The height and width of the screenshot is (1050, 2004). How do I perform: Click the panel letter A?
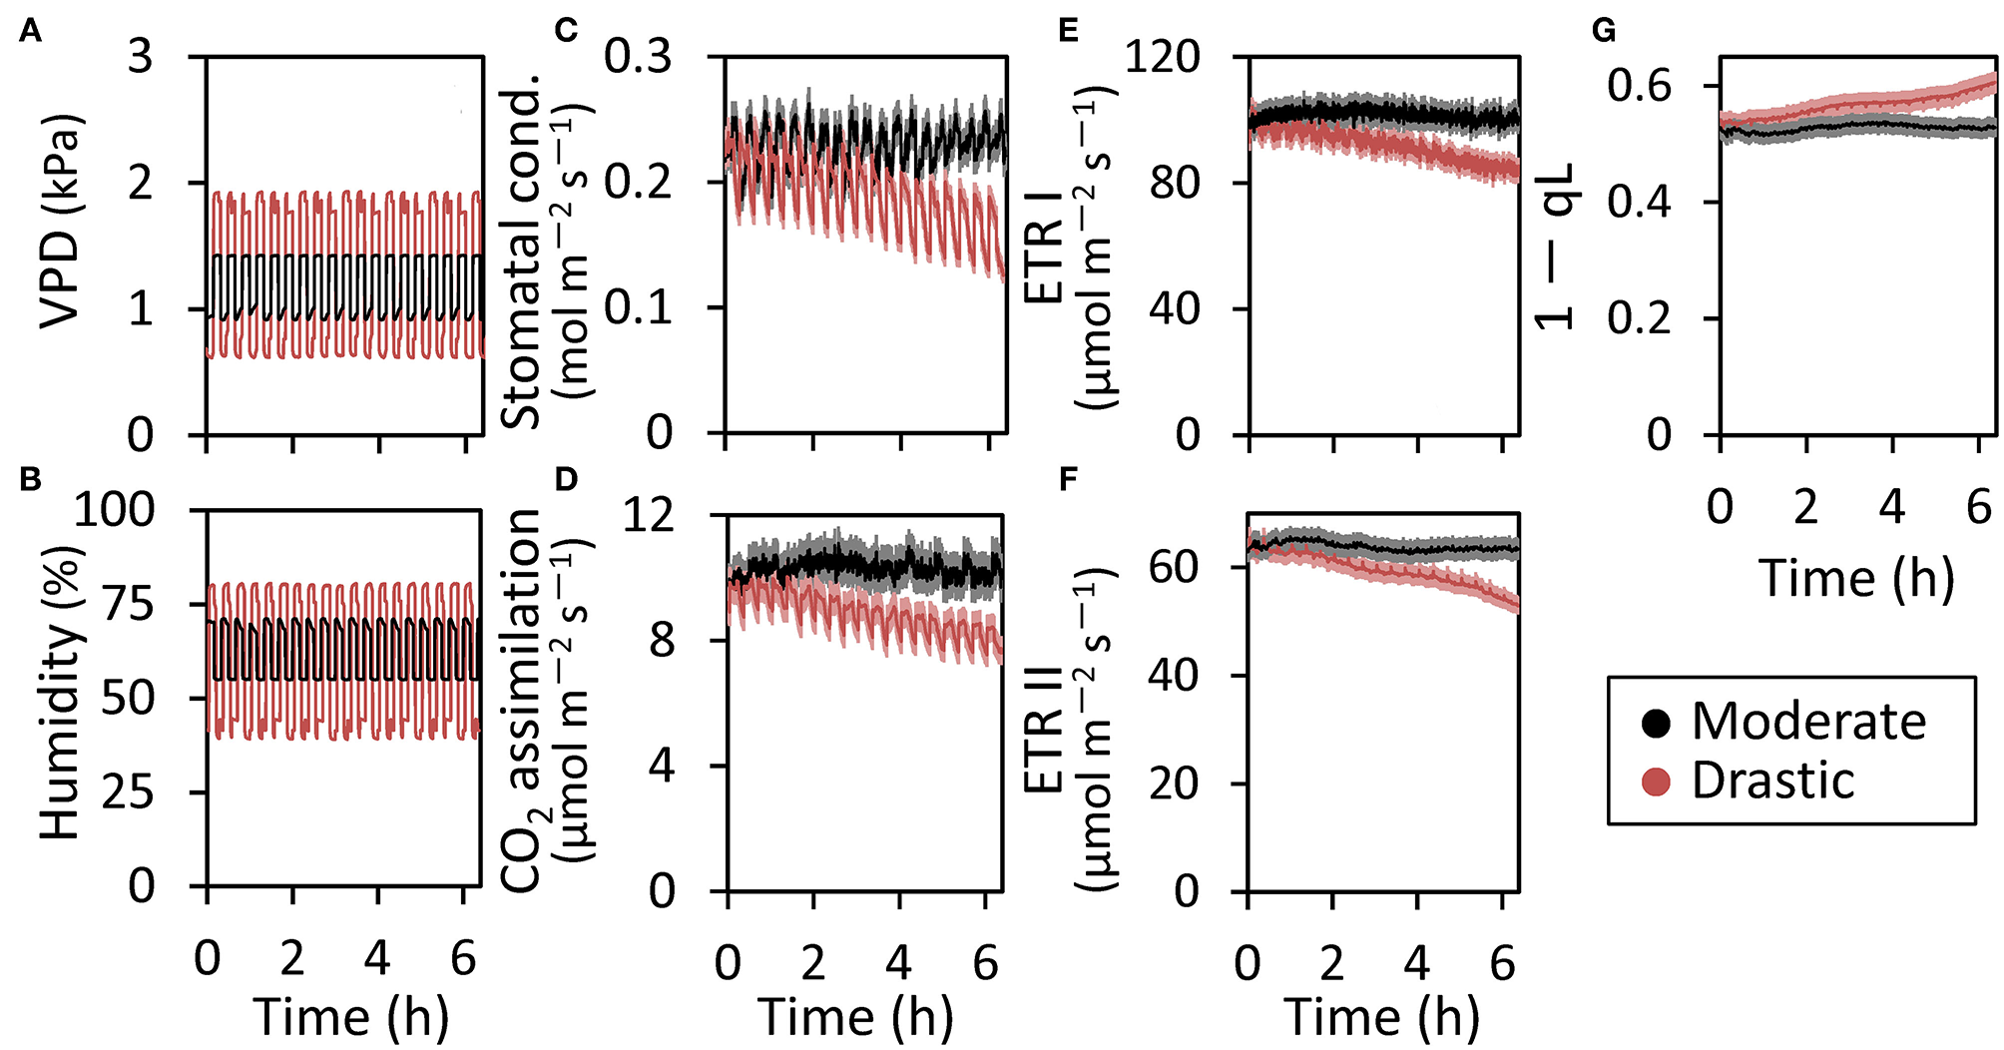click(x=31, y=33)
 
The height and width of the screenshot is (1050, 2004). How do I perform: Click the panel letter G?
click(x=1603, y=32)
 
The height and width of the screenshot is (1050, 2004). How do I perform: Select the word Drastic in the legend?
click(x=1772, y=781)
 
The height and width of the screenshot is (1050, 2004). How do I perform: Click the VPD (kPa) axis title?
click(x=60, y=222)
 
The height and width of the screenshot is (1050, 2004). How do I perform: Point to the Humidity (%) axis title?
click(x=60, y=693)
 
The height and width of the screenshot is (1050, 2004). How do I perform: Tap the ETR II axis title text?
click(x=1044, y=736)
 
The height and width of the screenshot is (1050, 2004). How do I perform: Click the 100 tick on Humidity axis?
click(x=114, y=511)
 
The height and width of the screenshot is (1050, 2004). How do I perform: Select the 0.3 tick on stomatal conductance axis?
click(x=638, y=57)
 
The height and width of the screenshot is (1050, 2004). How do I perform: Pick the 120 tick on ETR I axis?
click(x=1162, y=57)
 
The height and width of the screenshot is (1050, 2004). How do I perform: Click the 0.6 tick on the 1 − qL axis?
click(x=1638, y=87)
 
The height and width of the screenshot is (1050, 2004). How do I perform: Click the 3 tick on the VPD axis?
click(x=141, y=57)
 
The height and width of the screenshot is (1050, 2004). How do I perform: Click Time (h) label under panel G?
click(x=1855, y=578)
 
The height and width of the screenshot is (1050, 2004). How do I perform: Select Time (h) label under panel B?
click(x=350, y=1017)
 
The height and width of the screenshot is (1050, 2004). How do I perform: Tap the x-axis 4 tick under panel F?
click(x=1416, y=963)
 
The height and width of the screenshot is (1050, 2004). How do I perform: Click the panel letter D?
click(x=566, y=479)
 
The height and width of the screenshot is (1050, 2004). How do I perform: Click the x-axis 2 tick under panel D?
click(x=813, y=963)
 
